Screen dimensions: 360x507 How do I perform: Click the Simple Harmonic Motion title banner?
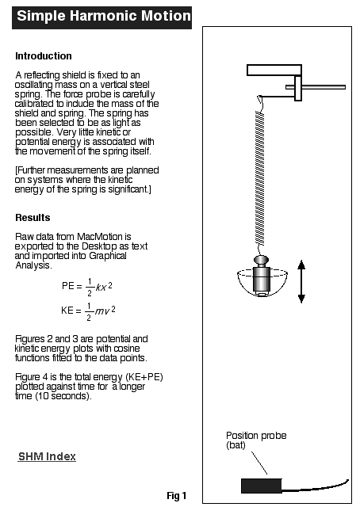point(101,17)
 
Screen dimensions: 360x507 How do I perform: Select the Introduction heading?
point(44,56)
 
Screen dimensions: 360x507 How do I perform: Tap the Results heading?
point(33,218)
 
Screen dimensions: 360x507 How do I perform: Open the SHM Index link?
point(47,456)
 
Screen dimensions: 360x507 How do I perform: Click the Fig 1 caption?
point(177,495)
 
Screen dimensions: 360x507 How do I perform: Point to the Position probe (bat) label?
point(256,440)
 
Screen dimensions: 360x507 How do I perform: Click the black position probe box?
point(261,486)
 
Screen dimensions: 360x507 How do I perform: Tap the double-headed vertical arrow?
point(301,281)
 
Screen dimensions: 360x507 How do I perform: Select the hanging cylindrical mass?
point(261,276)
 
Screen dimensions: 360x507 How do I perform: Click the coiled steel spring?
point(259,177)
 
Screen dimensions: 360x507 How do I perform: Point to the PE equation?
point(87,287)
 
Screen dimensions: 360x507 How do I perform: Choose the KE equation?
point(88,311)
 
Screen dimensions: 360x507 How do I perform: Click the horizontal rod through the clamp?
point(316,87)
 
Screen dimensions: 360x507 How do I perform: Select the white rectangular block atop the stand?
point(274,71)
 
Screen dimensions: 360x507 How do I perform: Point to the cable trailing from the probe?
point(316,486)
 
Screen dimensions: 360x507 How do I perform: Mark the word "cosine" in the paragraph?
point(127,349)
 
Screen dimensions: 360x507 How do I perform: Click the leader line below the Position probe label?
point(259,463)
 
